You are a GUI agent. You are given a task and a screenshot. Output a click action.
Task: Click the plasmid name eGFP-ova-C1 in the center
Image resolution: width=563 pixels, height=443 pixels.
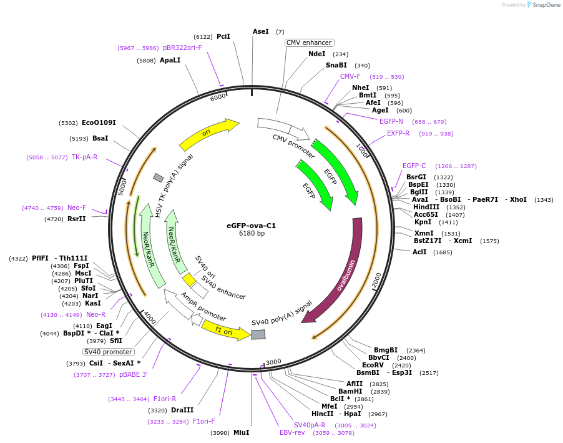pos(251,226)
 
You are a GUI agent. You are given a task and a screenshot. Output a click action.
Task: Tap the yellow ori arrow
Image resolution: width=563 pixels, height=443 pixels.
pos(209,134)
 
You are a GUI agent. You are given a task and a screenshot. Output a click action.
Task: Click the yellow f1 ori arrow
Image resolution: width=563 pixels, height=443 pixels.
pos(225,329)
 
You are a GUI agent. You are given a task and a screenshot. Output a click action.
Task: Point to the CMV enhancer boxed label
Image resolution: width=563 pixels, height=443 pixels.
pos(309,42)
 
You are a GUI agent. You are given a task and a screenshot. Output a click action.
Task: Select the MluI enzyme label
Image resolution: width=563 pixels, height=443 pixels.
pos(241,432)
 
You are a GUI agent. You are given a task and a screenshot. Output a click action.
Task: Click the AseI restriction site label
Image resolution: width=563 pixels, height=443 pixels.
pos(261,31)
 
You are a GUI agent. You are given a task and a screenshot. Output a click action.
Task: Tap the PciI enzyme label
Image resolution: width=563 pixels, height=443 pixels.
pos(223,36)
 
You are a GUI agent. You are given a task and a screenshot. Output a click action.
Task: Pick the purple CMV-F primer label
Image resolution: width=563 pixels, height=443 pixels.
pos(350,76)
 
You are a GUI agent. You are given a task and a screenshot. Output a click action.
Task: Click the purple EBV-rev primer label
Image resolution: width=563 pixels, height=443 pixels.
pos(292,432)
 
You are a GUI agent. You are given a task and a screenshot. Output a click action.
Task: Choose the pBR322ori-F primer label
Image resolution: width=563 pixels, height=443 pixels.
pos(182,47)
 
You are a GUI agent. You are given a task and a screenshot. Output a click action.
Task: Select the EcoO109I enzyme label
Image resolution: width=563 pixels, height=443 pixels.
pos(99,122)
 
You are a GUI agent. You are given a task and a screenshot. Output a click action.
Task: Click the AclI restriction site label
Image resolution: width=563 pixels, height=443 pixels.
pos(419,252)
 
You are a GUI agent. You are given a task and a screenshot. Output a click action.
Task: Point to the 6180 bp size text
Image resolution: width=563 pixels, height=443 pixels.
pos(252,234)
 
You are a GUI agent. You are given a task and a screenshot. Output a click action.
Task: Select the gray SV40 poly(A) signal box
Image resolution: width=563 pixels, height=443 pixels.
pos(258,334)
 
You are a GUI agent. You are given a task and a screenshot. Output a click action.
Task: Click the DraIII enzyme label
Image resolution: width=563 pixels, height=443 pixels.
pos(182,410)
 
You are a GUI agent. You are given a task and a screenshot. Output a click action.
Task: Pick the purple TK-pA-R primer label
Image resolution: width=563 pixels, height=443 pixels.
pos(84,157)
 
